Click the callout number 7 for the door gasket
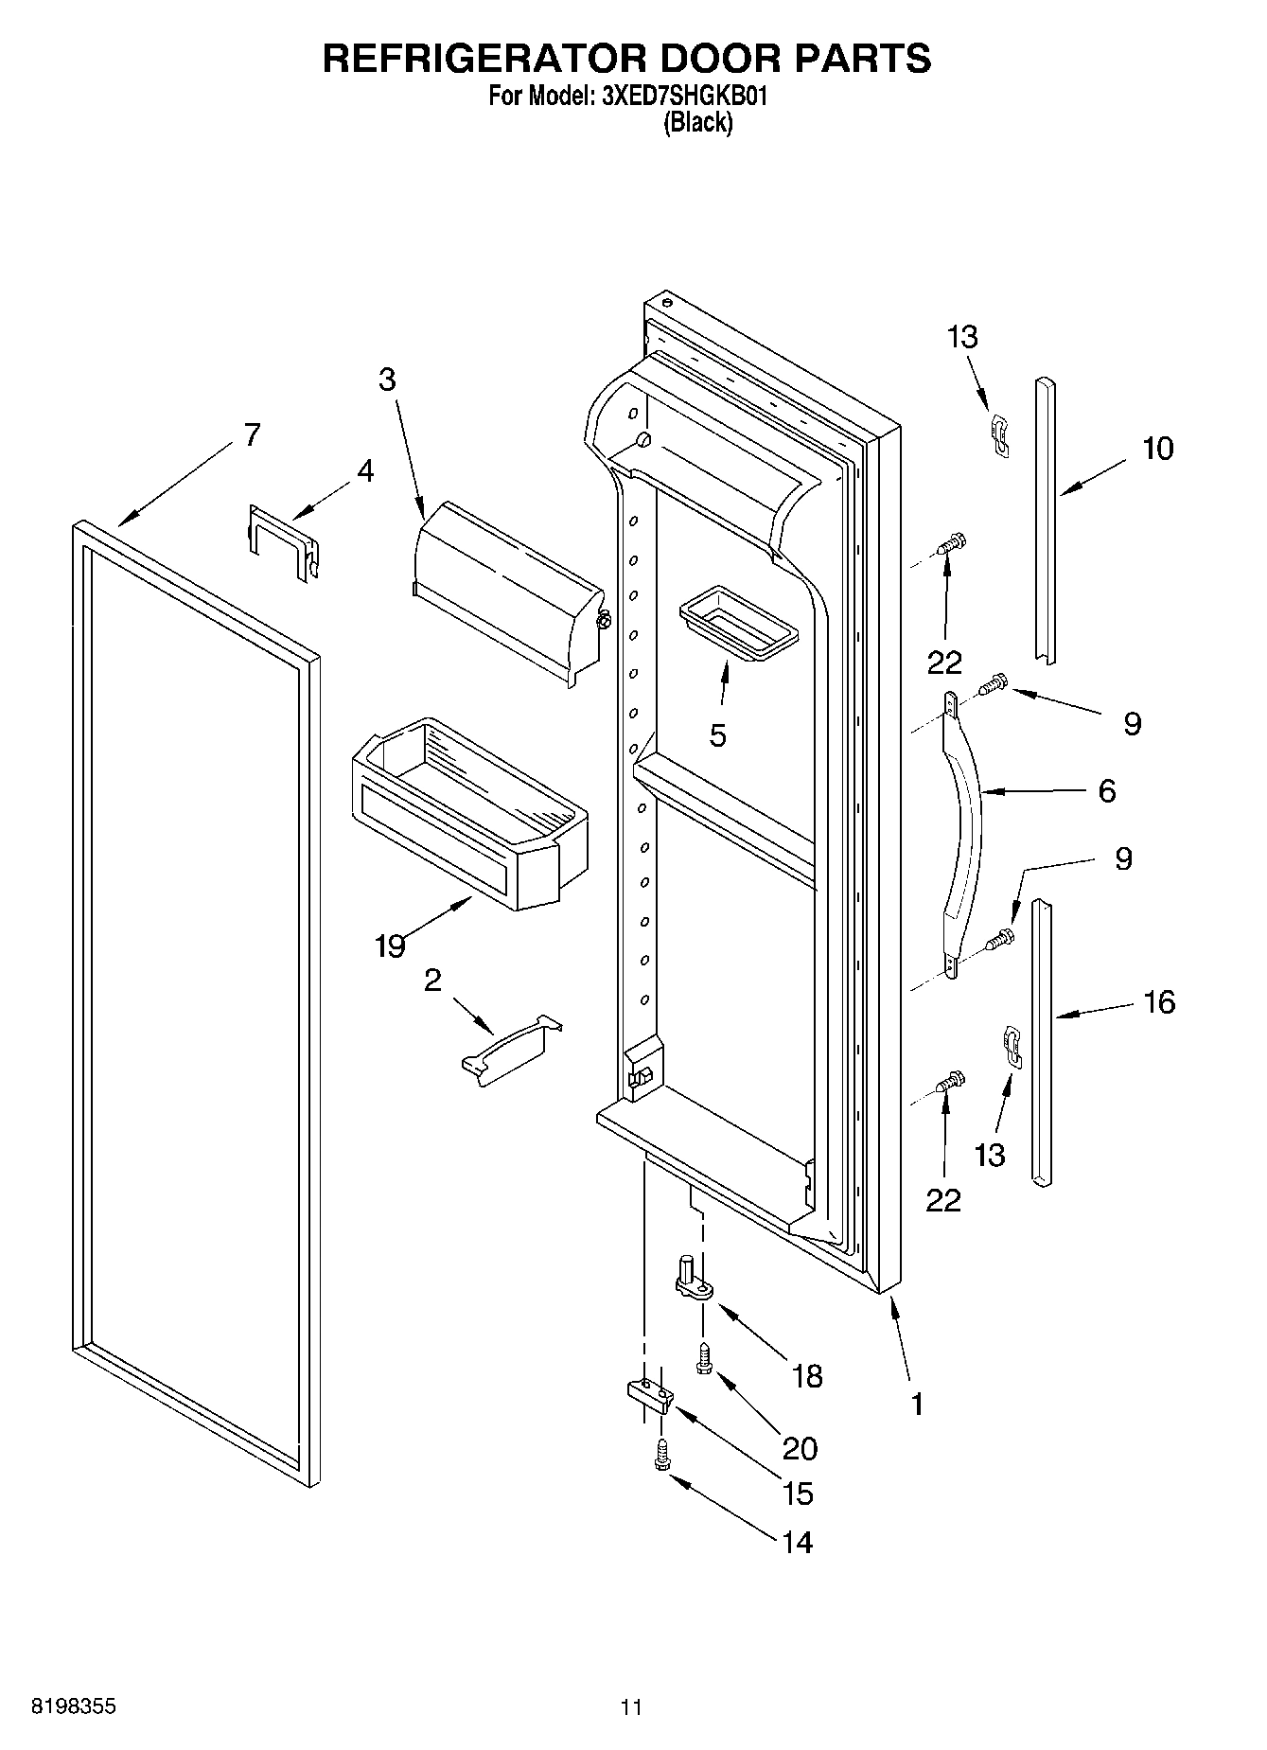(251, 435)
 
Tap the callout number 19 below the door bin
(390, 945)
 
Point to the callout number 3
(387, 380)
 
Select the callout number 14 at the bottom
(797, 1542)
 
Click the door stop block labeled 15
(649, 1393)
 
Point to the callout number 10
(1156, 448)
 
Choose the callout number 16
(1158, 1001)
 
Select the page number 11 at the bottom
(631, 1707)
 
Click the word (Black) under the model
(697, 122)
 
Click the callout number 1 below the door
(916, 1404)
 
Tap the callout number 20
(800, 1448)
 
